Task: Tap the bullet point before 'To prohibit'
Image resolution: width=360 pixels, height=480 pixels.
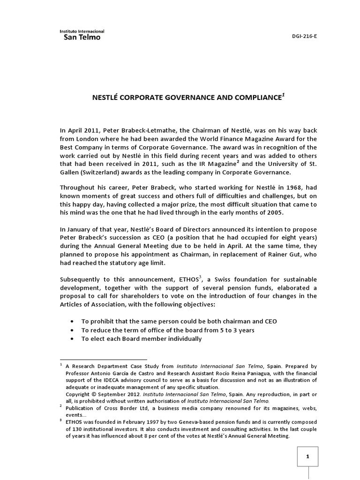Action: pos(71,322)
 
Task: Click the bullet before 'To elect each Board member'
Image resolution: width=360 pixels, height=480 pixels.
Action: pos(71,339)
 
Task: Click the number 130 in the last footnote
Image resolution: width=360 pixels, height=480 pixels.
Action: pos(71,429)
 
